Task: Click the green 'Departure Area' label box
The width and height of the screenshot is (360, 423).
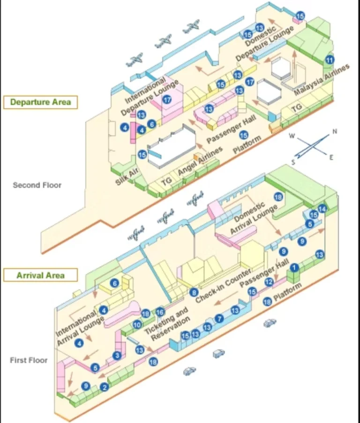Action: [40, 102]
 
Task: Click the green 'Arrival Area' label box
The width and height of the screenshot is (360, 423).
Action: [40, 275]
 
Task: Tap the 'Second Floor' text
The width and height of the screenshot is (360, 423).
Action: [37, 185]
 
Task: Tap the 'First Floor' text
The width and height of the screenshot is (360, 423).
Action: [29, 360]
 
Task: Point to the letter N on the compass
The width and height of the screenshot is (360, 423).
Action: [334, 132]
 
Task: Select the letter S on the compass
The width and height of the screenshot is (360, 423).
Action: [293, 162]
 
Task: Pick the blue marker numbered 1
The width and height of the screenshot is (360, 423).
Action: [294, 268]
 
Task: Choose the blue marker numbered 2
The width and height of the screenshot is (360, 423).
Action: [105, 387]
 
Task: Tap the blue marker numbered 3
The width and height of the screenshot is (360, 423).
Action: [117, 356]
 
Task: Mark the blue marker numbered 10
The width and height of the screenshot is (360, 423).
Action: [137, 324]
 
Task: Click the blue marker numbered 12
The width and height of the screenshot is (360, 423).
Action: [269, 282]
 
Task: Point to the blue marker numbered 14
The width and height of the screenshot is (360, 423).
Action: [322, 209]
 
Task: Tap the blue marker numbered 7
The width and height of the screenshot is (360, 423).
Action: [219, 319]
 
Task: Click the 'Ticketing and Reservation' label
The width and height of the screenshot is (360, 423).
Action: [168, 322]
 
